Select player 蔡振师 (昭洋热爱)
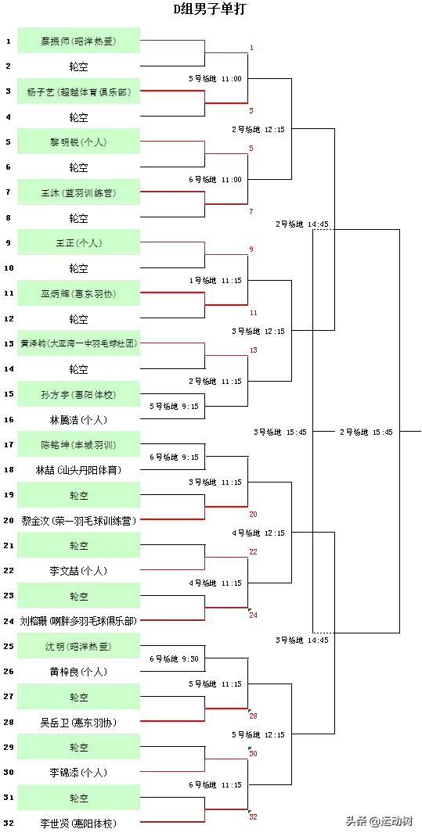click(78, 41)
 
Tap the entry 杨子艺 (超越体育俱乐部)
click(78, 91)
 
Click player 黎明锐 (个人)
click(78, 142)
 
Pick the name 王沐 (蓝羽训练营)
click(78, 192)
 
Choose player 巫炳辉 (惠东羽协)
click(78, 293)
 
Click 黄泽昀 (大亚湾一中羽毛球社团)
click(78, 343)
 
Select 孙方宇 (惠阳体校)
click(78, 394)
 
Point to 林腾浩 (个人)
click(78, 419)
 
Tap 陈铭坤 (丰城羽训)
click(78, 444)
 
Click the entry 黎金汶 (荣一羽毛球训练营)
click(78, 520)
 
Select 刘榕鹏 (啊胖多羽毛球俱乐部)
click(78, 621)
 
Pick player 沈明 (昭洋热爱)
click(78, 646)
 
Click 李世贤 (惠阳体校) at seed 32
click(78, 823)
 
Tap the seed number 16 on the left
click(9, 419)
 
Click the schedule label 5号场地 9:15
click(175, 407)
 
